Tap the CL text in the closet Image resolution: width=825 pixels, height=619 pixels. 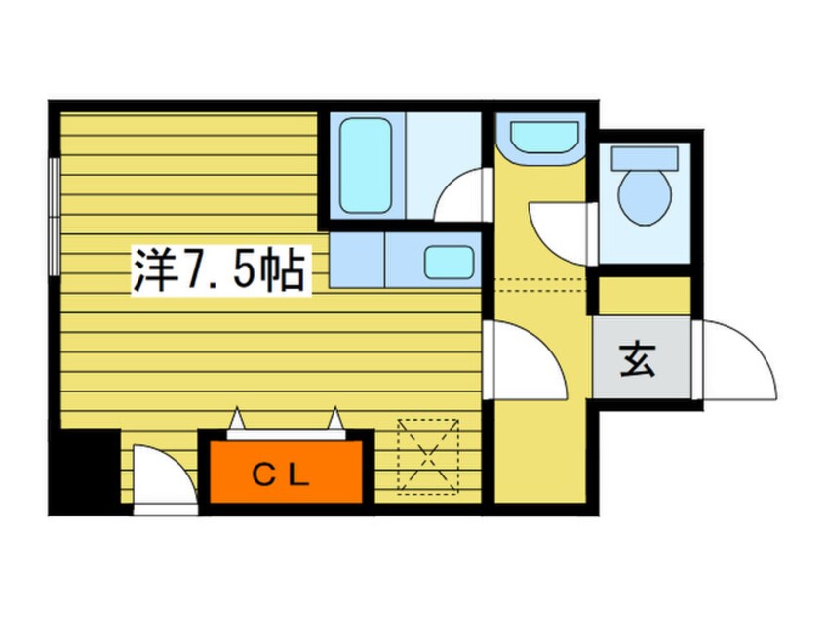[282, 475]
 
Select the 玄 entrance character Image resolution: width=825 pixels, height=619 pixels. [637, 362]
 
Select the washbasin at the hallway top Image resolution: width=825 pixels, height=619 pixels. [539, 136]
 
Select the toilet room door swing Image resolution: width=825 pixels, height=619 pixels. [558, 227]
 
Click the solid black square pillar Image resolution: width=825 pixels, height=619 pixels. [86, 469]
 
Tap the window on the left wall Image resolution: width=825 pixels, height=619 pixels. [55, 213]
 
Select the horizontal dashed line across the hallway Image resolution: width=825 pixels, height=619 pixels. [538, 281]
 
